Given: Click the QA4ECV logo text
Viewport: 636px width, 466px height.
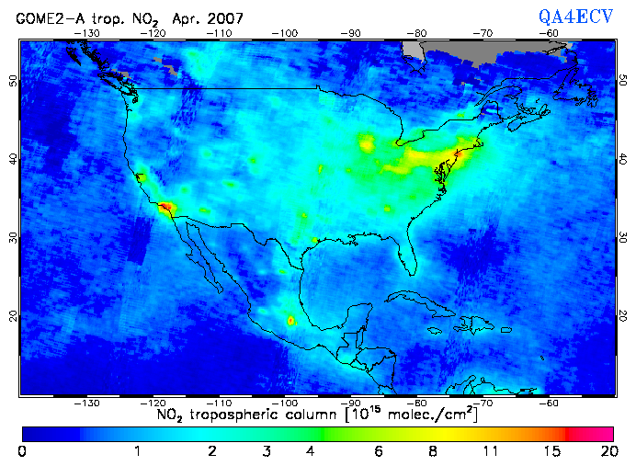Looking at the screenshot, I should coord(575,17).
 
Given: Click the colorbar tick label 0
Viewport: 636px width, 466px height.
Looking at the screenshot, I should coord(22,450).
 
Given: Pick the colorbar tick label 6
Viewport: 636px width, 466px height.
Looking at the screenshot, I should coord(379,450).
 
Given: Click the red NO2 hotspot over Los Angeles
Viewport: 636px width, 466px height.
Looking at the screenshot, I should coord(165,208).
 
